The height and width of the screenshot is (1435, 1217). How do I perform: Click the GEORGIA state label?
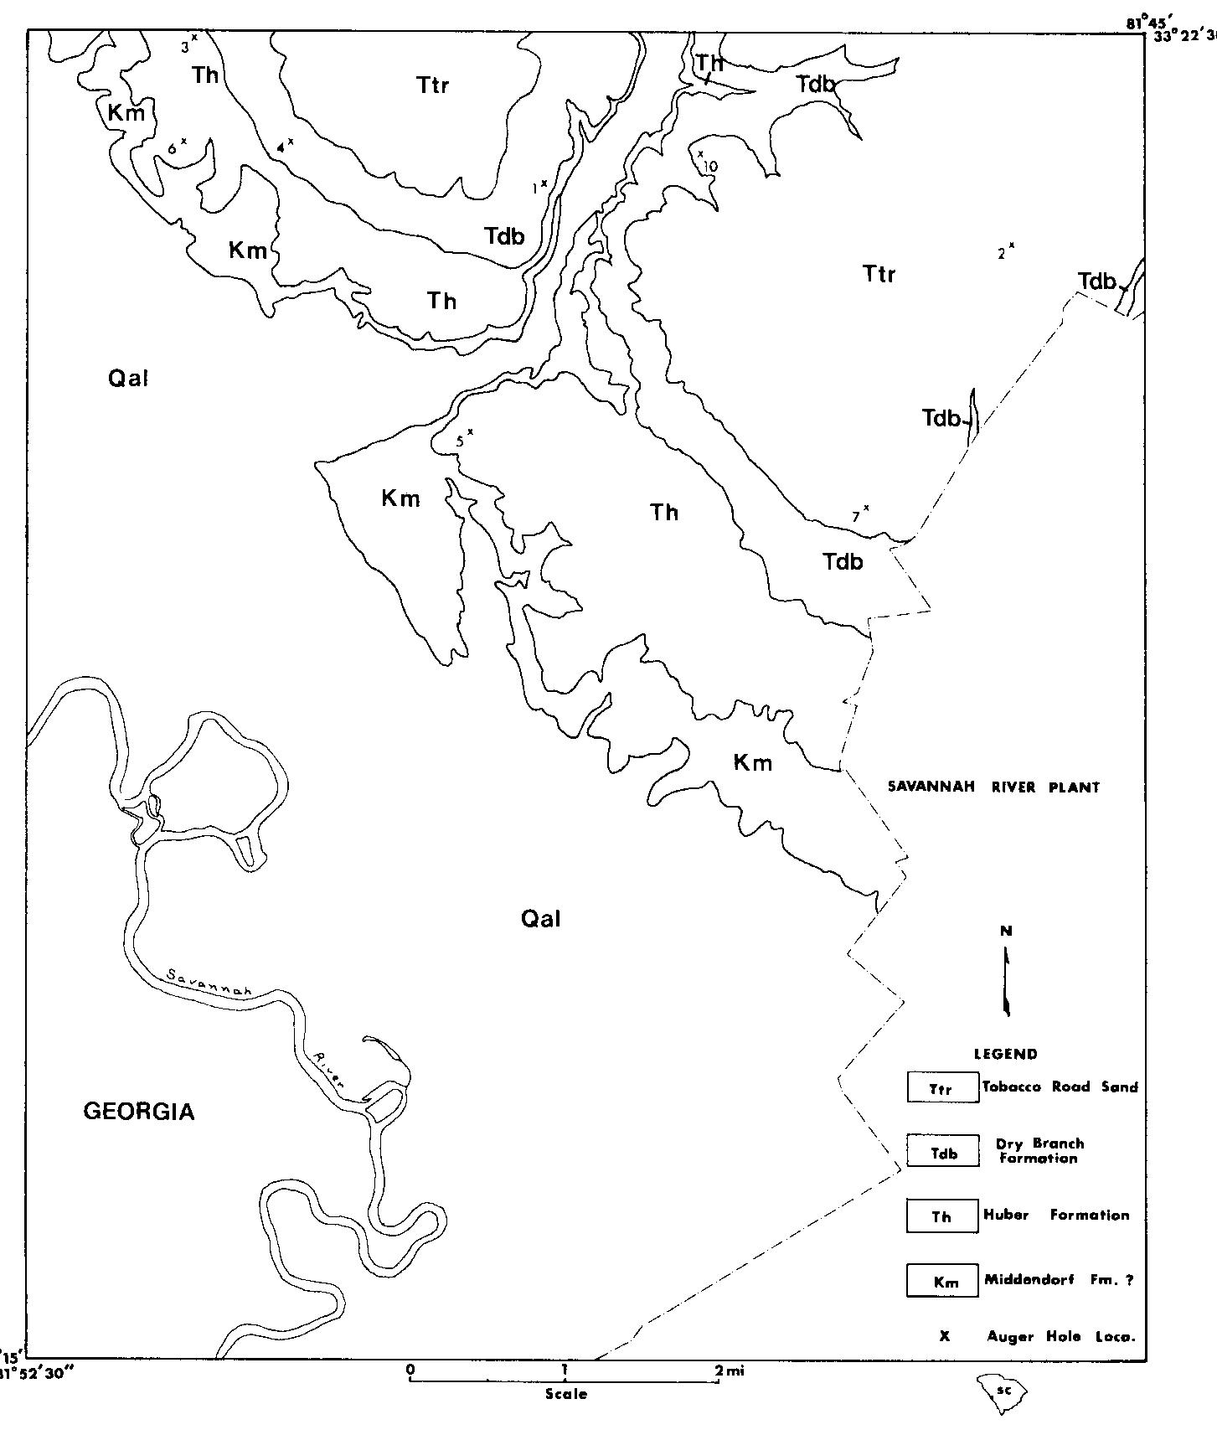[x=139, y=1112]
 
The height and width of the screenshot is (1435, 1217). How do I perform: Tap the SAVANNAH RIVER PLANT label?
[x=993, y=787]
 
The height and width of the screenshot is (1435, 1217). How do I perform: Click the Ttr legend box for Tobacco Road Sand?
[x=942, y=1087]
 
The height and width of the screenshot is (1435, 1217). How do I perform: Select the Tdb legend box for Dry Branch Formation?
[x=942, y=1152]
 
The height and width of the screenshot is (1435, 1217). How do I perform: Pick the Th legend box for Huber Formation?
[x=942, y=1216]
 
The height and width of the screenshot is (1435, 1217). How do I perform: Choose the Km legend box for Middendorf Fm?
[x=942, y=1281]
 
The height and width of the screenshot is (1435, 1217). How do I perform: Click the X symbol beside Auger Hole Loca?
[x=945, y=1336]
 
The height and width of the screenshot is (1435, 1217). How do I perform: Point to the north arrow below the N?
[x=1007, y=980]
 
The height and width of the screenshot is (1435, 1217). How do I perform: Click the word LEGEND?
[x=1005, y=1055]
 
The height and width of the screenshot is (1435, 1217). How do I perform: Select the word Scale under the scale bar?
[x=566, y=1394]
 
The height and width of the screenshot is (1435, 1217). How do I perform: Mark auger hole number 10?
[x=700, y=154]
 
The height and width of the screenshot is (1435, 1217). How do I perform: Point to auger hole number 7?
[x=866, y=508]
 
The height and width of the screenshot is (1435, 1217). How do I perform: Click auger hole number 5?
[x=470, y=431]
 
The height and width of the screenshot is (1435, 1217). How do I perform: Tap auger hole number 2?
[x=1012, y=245]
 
